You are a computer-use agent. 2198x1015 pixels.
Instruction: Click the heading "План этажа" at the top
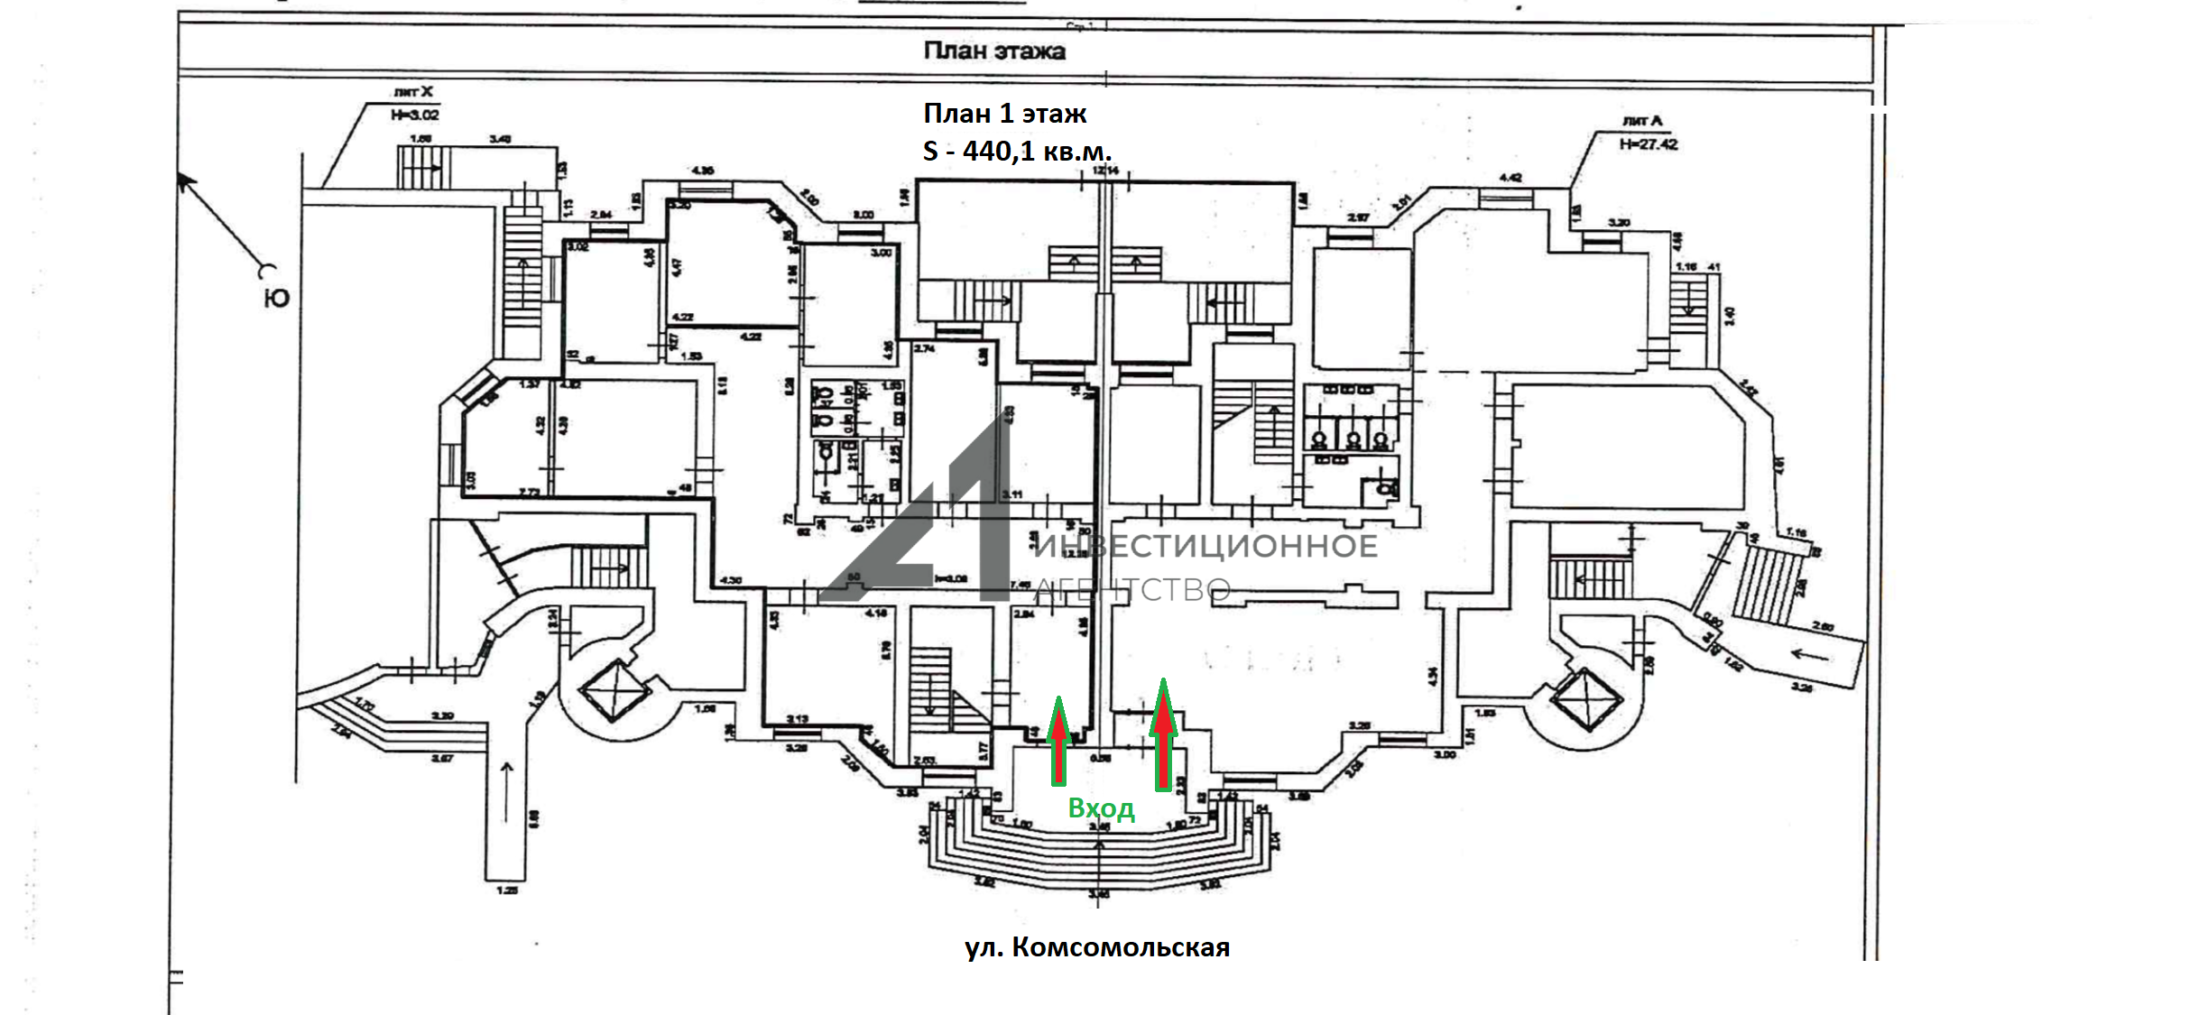(x=993, y=51)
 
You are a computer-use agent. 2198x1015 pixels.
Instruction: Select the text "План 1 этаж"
(x=1004, y=114)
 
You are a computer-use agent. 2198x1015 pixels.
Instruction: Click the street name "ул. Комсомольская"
(x=1097, y=947)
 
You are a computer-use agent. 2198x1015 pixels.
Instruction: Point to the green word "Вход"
(x=1101, y=807)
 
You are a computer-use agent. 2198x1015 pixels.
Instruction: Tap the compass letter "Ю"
(x=276, y=298)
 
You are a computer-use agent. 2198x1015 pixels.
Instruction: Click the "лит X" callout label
(x=413, y=91)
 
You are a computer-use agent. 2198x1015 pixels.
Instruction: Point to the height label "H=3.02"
(x=415, y=115)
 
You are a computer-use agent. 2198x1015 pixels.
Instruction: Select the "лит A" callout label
(x=1641, y=120)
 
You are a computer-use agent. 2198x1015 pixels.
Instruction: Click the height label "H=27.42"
(x=1648, y=143)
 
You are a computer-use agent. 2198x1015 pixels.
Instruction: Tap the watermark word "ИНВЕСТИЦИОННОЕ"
(x=1205, y=547)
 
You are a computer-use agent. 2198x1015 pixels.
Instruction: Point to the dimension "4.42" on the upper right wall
(x=1510, y=178)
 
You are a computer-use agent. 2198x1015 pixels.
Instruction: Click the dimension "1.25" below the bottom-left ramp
(x=507, y=890)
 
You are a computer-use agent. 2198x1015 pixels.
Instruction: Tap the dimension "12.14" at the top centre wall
(x=1105, y=171)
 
